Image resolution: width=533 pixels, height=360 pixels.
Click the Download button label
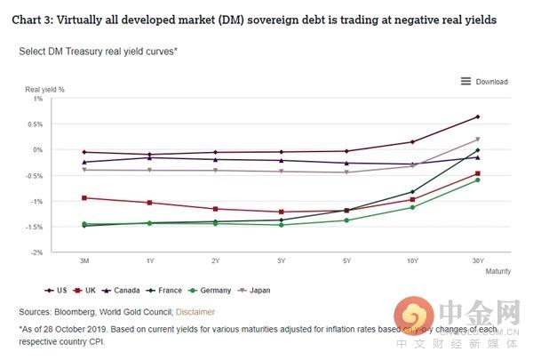[491, 82]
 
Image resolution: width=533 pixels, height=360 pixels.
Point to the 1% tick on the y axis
[37, 99]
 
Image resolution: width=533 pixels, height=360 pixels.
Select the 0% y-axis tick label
[37, 150]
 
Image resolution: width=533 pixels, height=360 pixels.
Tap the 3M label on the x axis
[84, 262]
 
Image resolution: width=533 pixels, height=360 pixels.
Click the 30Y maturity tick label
[478, 262]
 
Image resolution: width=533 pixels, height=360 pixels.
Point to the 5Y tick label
[346, 262]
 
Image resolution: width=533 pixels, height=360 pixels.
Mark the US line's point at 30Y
[478, 116]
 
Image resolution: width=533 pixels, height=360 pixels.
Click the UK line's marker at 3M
[84, 197]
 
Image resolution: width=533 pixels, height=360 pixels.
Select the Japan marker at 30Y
[478, 140]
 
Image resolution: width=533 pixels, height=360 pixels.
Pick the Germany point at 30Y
[478, 180]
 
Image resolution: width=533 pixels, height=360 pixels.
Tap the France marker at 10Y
[412, 192]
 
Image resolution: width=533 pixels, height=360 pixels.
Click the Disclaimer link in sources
[195, 311]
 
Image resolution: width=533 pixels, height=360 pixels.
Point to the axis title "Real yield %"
[44, 90]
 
